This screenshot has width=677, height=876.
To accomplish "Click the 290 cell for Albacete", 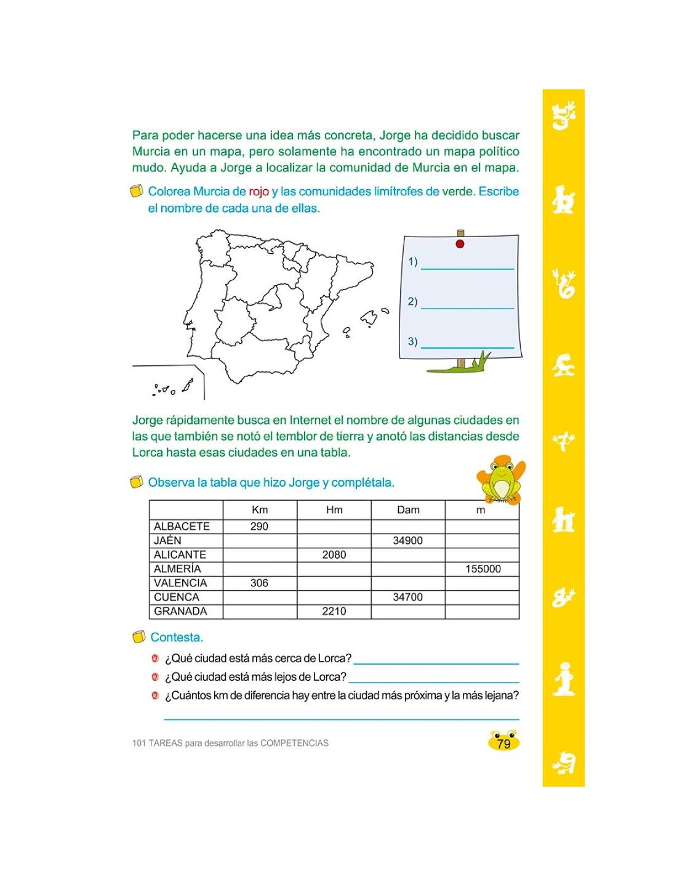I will pos(259,526).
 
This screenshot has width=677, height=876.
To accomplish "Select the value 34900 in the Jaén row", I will pos(407,540).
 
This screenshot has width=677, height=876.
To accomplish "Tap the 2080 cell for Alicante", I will pos(334,554).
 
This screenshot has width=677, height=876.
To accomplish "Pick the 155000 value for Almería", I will pos(483,569).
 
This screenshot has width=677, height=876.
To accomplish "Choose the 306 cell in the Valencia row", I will pos(259,583).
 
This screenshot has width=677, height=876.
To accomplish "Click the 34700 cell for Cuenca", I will pos(407,597).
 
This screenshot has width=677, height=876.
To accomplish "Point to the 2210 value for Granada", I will pos(334,611).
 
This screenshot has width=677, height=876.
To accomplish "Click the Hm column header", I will pos(334,509).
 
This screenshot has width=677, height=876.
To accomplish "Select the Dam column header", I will pos(407,509).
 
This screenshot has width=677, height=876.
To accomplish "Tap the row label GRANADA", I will pos(180,611).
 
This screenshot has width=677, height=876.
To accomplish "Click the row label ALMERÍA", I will pos(177,569).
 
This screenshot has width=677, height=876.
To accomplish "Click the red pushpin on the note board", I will pos(460,244).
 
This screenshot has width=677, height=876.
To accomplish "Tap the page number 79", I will pos(503,744).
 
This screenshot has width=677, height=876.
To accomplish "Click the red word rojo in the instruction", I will pos(258,192).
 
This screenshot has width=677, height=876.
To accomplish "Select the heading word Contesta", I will pos(177,638).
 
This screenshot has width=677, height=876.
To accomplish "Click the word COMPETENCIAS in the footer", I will pos(294,743).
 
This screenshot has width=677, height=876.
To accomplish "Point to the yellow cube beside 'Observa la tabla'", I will pos(137,482).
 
